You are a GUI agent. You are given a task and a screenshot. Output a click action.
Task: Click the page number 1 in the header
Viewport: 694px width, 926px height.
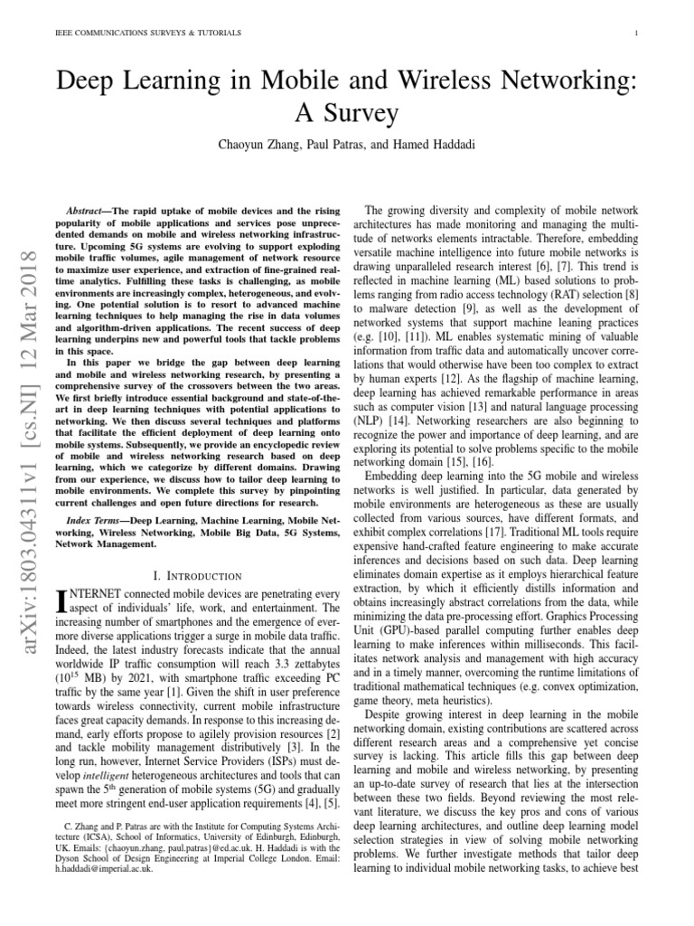coord(637,34)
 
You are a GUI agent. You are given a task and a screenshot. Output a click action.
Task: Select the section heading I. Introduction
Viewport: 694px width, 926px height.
coord(199,575)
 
